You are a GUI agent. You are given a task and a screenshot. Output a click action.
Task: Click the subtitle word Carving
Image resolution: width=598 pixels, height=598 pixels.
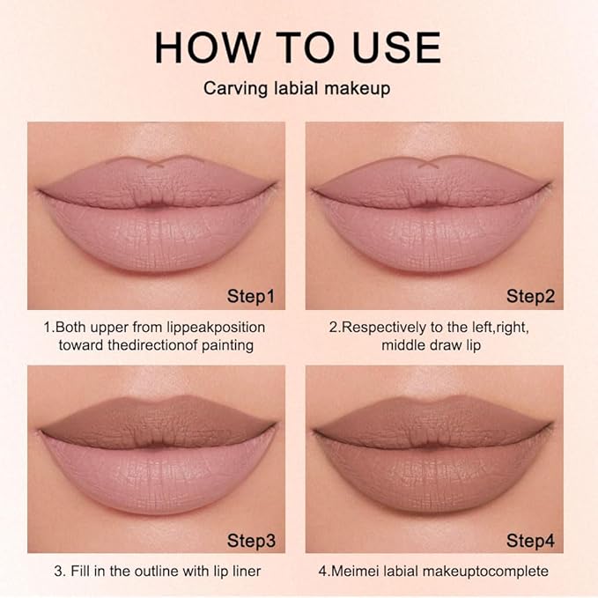click(232, 88)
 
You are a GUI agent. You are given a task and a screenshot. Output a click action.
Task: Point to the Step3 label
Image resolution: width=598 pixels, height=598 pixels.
click(251, 538)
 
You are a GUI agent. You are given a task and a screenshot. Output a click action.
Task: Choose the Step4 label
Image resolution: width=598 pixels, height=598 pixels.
click(530, 538)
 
